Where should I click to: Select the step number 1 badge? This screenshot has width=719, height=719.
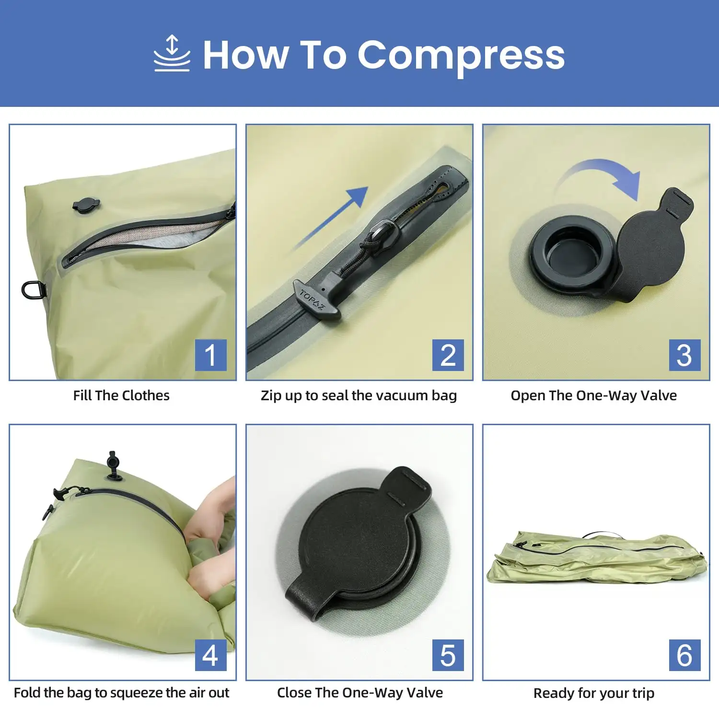[x=210, y=355]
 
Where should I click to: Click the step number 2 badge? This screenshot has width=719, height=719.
[x=448, y=355]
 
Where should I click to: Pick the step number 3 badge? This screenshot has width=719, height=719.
[x=684, y=355]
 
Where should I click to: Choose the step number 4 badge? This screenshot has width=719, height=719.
[x=210, y=655]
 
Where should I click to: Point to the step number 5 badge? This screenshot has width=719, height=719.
[x=448, y=655]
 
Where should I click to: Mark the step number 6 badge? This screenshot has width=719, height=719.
[x=684, y=655]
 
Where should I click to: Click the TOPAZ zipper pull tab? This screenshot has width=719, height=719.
[x=316, y=299]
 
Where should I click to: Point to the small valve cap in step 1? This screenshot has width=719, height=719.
[x=86, y=205]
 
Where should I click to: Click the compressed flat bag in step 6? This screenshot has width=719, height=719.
[x=597, y=557]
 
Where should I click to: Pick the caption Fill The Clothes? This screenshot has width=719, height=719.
[x=121, y=395]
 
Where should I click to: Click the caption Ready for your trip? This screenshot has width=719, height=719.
[x=594, y=693]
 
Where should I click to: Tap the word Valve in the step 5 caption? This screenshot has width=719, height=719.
[x=425, y=693]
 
